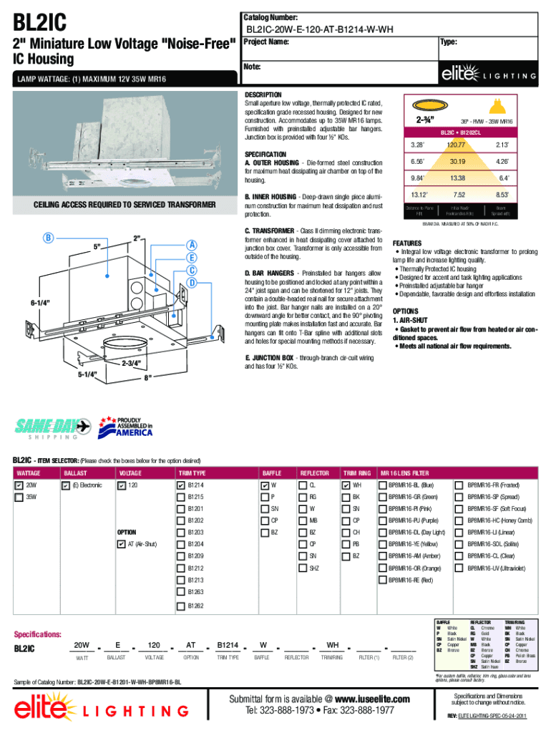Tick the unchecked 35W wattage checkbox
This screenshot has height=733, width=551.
19,497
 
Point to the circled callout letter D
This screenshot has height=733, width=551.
192,283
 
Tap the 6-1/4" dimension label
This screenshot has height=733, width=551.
19,303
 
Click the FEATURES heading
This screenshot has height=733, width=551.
406,243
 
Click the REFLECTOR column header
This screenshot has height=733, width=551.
314,473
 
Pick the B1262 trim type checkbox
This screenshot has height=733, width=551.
180,606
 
